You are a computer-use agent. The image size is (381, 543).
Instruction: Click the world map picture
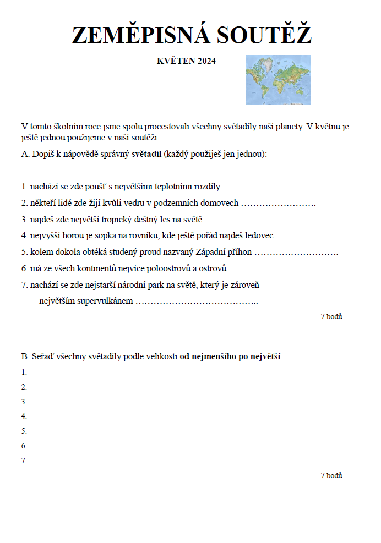tap(277, 80)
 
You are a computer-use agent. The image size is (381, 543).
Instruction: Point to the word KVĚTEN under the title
tap(173, 61)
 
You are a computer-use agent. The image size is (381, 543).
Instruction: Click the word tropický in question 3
tap(103, 220)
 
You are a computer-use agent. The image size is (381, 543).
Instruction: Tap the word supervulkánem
tap(105, 301)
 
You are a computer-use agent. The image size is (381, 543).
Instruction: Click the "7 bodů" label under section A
tap(331, 316)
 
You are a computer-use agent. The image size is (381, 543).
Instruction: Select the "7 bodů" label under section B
tap(331, 475)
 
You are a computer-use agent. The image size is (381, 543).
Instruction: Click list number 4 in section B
tap(24, 416)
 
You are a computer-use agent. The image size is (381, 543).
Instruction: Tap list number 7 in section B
tap(24, 460)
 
